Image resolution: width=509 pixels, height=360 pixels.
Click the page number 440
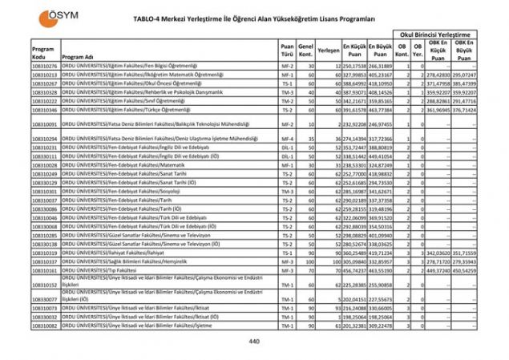(254, 342)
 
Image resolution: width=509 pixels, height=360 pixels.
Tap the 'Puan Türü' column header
(286, 52)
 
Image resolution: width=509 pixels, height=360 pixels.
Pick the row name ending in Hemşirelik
(127, 261)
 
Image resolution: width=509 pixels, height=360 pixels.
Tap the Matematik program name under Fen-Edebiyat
(127, 164)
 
